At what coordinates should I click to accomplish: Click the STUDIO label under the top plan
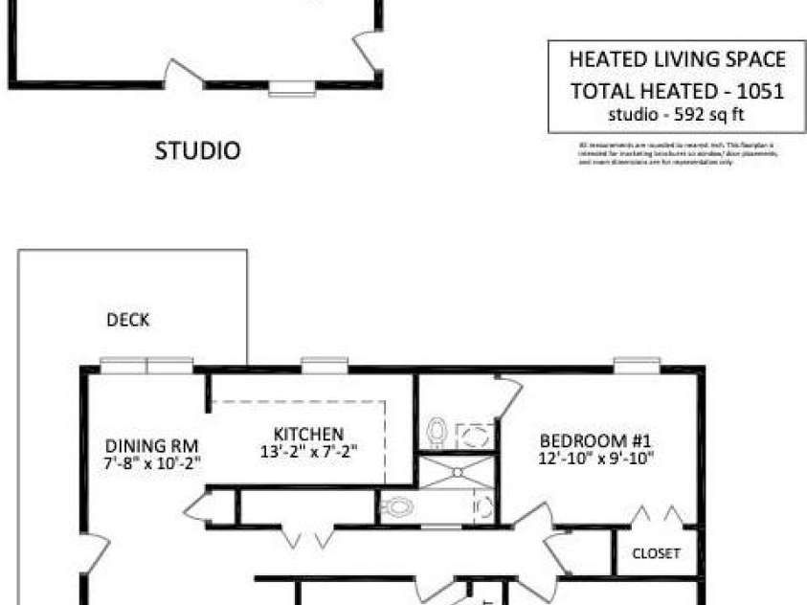197,150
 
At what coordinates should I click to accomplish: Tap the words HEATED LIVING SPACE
677,59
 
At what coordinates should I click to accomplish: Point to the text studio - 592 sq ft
677,115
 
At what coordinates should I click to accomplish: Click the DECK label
127,321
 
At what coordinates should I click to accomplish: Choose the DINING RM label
151,445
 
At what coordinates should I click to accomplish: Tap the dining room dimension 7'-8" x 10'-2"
151,462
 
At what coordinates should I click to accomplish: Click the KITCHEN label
308,434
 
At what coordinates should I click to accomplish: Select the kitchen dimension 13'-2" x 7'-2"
308,451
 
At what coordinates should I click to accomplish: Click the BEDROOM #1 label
595,441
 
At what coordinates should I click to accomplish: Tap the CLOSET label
656,553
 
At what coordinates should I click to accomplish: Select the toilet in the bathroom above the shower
437,432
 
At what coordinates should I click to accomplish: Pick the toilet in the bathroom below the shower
397,506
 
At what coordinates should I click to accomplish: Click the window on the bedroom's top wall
637,365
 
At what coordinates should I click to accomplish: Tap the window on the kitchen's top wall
325,365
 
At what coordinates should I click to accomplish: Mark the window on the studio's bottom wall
291,89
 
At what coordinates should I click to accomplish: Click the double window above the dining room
147,365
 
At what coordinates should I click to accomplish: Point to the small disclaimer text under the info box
677,153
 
